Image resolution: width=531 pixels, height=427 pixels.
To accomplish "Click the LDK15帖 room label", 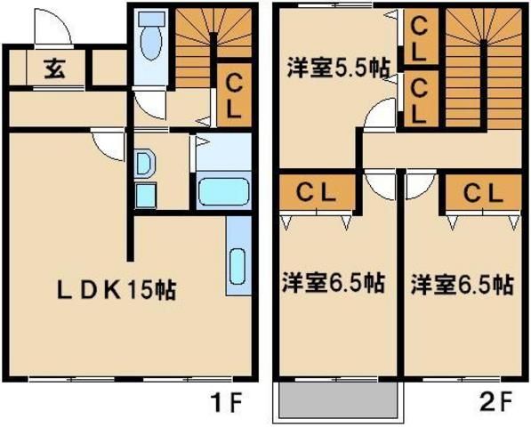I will [x=116, y=289].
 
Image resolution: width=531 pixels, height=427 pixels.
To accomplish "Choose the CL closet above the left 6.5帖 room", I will [x=316, y=191].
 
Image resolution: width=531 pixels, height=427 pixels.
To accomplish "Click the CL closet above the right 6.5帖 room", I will [x=481, y=191].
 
